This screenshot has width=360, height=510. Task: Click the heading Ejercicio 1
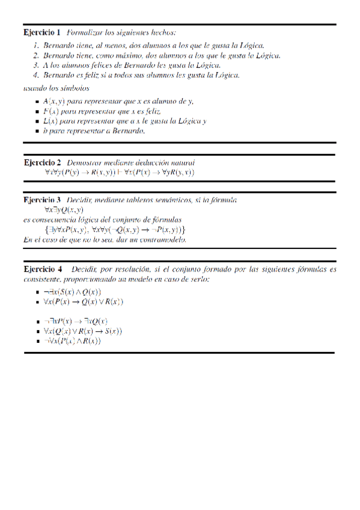(42, 31)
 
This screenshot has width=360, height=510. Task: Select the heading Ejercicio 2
(42, 162)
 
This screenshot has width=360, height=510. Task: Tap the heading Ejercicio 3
(42, 199)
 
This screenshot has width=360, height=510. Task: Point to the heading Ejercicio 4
(43, 268)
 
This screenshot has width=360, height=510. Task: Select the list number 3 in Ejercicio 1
(37, 65)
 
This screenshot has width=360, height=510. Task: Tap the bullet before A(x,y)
(38, 102)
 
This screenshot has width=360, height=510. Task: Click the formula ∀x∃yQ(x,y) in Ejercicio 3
(64, 209)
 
